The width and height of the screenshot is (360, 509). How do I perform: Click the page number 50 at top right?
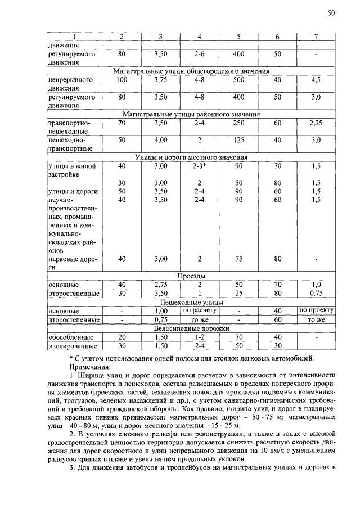pos(331,13)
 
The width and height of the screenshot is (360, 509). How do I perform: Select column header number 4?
pos(199,37)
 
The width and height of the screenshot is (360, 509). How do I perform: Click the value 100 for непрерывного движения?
pos(121,80)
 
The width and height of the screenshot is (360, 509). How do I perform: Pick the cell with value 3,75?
pos(161,80)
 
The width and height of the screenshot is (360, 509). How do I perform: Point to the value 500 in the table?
pos(238,80)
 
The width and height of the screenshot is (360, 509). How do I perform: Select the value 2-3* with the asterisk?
pos(199,166)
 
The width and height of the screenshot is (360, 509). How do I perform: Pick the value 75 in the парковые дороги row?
pos(238,259)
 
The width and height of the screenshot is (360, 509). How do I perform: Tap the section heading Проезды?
pos(191,277)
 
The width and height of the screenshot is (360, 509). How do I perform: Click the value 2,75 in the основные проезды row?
pos(161,285)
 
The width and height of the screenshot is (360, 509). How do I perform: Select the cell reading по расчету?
pos(199,310)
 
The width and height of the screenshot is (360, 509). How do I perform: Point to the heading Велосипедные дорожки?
pos(191,328)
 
